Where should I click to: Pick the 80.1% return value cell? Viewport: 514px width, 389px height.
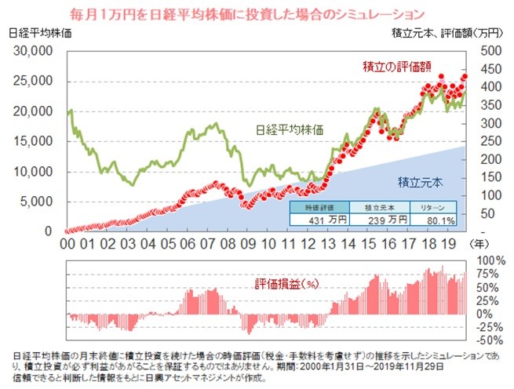pos(438,220)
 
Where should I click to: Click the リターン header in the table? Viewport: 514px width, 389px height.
pos(438,207)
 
